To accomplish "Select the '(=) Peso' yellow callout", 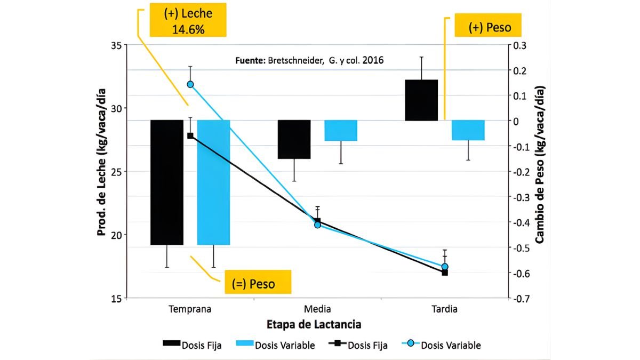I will point(253,283).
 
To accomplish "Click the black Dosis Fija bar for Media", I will point(294,139).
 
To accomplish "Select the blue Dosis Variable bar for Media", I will point(341,131).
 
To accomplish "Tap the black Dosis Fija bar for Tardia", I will point(421,100).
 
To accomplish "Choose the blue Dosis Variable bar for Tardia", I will point(468,130).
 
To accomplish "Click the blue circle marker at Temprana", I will point(190,84).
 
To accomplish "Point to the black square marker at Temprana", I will point(190,135).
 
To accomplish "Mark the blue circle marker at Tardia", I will point(445,267).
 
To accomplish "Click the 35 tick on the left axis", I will point(116,45).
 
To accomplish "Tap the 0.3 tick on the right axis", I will point(519,45).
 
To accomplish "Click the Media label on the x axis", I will point(317,309).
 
